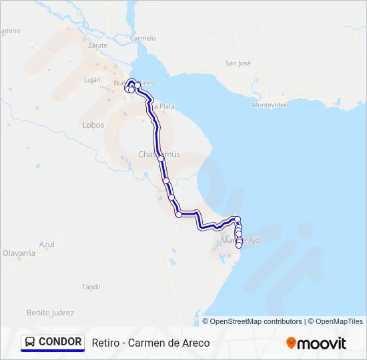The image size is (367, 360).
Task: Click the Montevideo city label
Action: point(270,105)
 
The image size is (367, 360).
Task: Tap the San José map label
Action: point(238,63)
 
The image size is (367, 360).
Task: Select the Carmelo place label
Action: point(143,38)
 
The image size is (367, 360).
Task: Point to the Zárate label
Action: point(97,45)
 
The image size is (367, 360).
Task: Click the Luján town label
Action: point(91,80)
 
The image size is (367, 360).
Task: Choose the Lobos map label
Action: point(93,125)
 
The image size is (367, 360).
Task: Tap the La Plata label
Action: point(163,106)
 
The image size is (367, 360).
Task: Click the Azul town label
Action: point(47,244)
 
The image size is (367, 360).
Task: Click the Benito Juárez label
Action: point(50,312)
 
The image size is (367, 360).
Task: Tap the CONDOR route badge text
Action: point(60,342)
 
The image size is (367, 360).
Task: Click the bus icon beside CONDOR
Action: point(31,343)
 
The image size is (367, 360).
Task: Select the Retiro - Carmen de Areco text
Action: point(151,343)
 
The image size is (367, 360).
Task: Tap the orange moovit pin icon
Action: point(291,343)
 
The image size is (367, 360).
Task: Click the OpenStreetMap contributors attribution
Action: point(256,321)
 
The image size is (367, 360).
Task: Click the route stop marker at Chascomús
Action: point(161,159)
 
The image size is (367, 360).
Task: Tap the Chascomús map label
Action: point(159,154)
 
